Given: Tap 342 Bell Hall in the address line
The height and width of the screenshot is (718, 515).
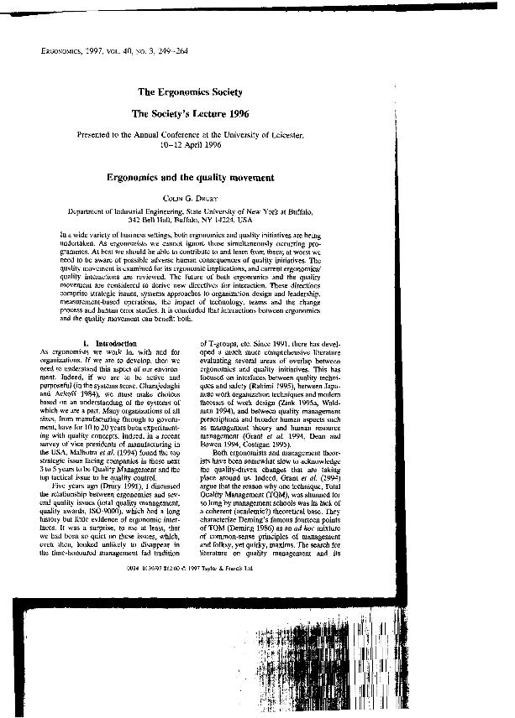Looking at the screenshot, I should tap(130, 217).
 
